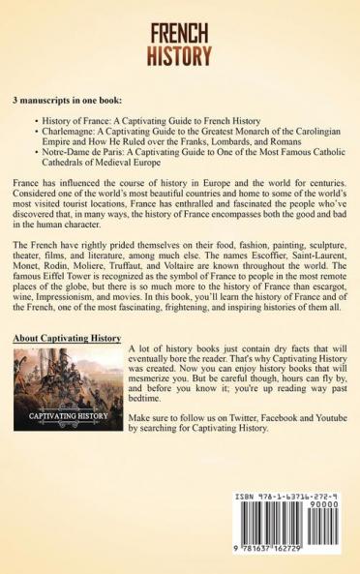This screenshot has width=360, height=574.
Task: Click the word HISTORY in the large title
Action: [180, 56]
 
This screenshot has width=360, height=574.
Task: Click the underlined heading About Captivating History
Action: [67, 338]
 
